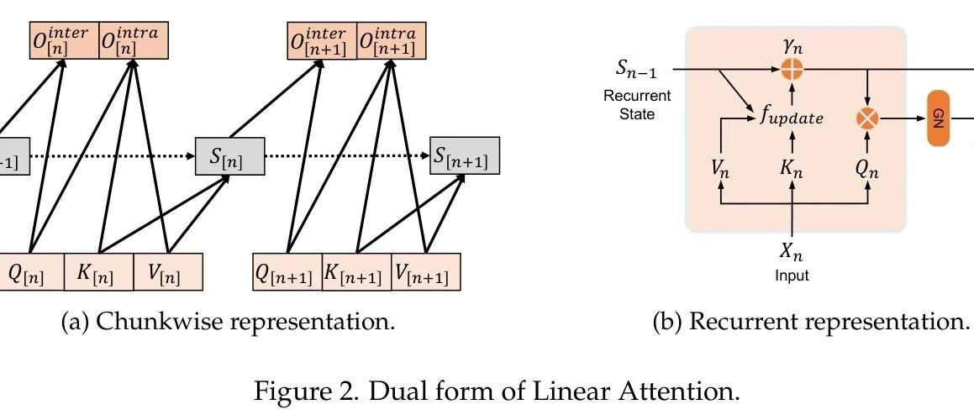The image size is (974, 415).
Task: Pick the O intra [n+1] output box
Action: pyautogui.click(x=391, y=39)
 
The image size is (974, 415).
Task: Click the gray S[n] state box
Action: pyautogui.click(x=229, y=156)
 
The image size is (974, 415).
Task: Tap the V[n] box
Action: pyautogui.click(x=168, y=272)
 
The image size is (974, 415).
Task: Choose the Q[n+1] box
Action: pyautogui.click(x=287, y=272)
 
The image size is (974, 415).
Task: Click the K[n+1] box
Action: pyautogui.click(x=356, y=272)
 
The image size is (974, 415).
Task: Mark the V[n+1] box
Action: pyautogui.click(x=426, y=272)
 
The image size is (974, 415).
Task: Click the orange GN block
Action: pyautogui.click(x=938, y=120)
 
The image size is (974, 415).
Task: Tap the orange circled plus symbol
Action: pyautogui.click(x=791, y=71)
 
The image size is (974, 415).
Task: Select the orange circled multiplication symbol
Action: pyautogui.click(x=866, y=119)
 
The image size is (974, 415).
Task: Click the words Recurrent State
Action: pyautogui.click(x=637, y=104)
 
